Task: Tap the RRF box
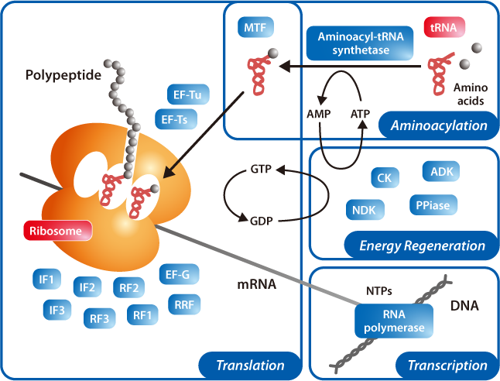pyautogui.click(x=184, y=304)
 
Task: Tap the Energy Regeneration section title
pyautogui.click(x=423, y=246)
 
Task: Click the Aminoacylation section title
pyautogui.click(x=438, y=125)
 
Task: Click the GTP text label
pyautogui.click(x=261, y=170)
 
